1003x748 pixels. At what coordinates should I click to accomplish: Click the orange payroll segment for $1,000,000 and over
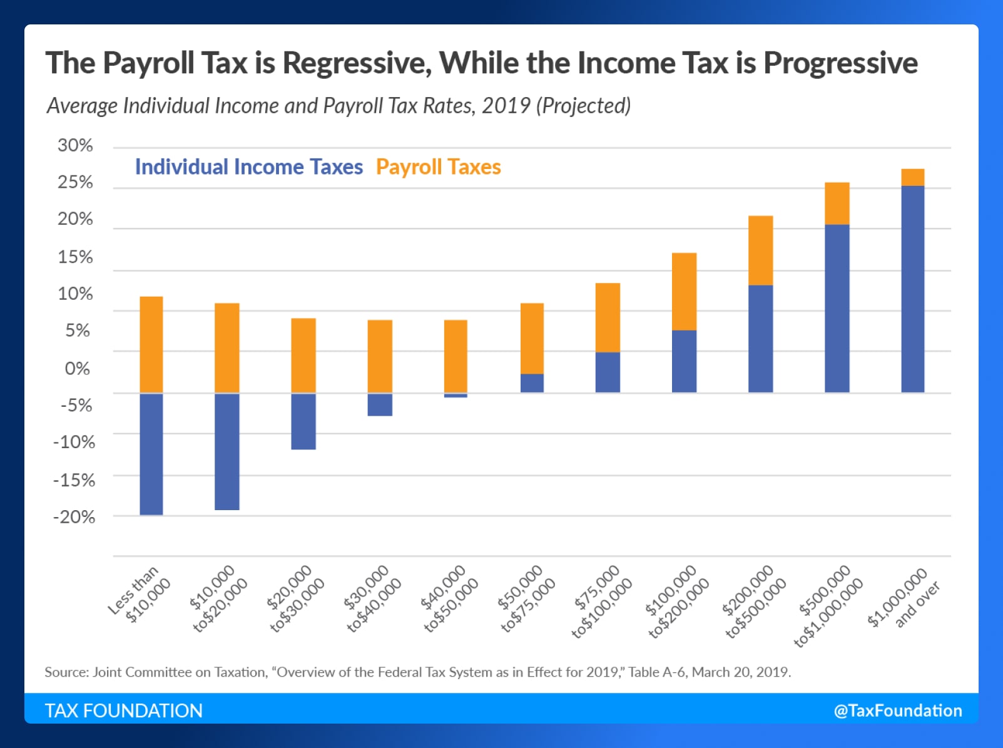[912, 177]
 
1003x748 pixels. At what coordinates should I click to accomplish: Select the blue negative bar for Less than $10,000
[151, 454]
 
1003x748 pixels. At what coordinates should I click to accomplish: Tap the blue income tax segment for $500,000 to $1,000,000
[837, 308]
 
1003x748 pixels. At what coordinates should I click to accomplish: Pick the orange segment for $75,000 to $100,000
[607, 317]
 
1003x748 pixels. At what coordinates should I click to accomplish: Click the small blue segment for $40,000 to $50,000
[456, 395]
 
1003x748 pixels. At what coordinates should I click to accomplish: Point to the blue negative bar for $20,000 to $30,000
[303, 421]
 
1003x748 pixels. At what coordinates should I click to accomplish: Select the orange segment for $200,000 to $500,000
[760, 250]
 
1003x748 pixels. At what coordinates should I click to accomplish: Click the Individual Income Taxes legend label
[248, 167]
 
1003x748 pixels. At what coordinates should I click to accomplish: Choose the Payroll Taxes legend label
[438, 167]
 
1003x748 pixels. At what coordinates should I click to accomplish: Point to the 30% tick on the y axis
[75, 145]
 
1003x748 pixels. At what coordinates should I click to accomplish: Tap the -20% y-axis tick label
[74, 517]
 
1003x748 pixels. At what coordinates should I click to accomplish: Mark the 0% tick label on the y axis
[77, 369]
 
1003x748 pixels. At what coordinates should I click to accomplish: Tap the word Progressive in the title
[840, 63]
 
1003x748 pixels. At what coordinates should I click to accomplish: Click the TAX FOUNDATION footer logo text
[123, 710]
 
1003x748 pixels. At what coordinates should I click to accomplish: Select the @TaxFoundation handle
[897, 710]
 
